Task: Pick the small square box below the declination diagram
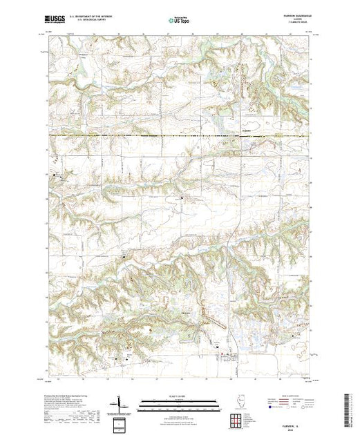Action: [x=122, y=422]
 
